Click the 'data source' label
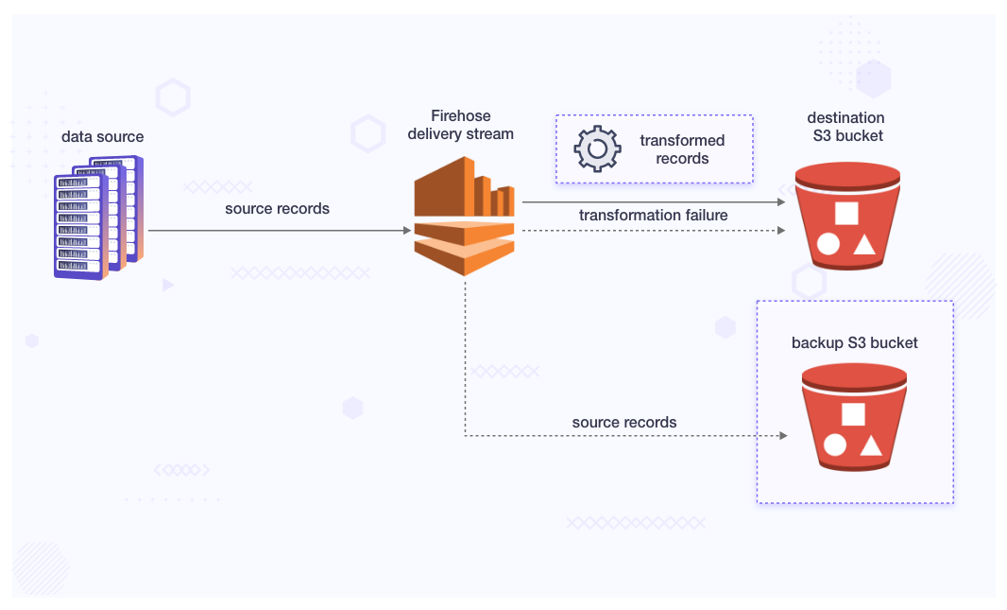pyautogui.click(x=103, y=137)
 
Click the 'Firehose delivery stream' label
pyautogui.click(x=460, y=125)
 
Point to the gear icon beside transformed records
pyautogui.click(x=597, y=148)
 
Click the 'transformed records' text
pyautogui.click(x=682, y=149)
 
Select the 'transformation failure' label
pyautogui.click(x=653, y=216)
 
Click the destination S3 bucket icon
pyautogui.click(x=847, y=217)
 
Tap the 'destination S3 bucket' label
pyautogui.click(x=845, y=127)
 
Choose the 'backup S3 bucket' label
pyautogui.click(x=854, y=342)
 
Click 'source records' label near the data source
pyautogui.click(x=277, y=208)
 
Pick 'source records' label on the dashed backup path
pyautogui.click(x=623, y=422)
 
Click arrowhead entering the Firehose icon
pyautogui.click(x=407, y=231)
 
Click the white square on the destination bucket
pyautogui.click(x=846, y=214)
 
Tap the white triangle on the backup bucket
pyautogui.click(x=870, y=445)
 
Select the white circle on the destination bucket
pyautogui.click(x=828, y=244)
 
